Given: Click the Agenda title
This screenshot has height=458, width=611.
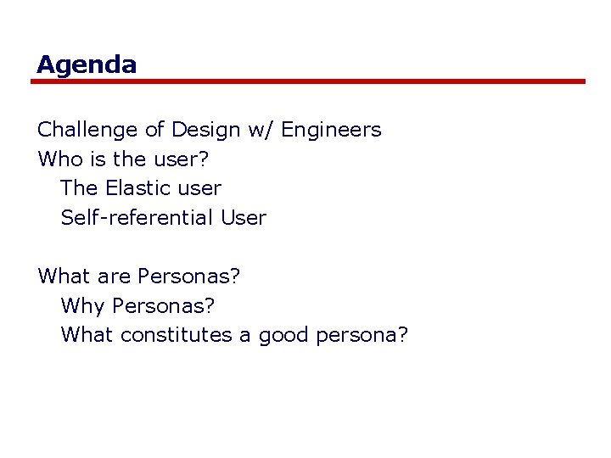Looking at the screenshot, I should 87,64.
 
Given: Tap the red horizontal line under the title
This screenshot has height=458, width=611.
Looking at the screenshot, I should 309,81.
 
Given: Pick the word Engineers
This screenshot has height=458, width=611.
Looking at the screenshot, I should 331,130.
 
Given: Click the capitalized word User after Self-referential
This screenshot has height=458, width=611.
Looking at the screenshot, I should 244,217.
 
